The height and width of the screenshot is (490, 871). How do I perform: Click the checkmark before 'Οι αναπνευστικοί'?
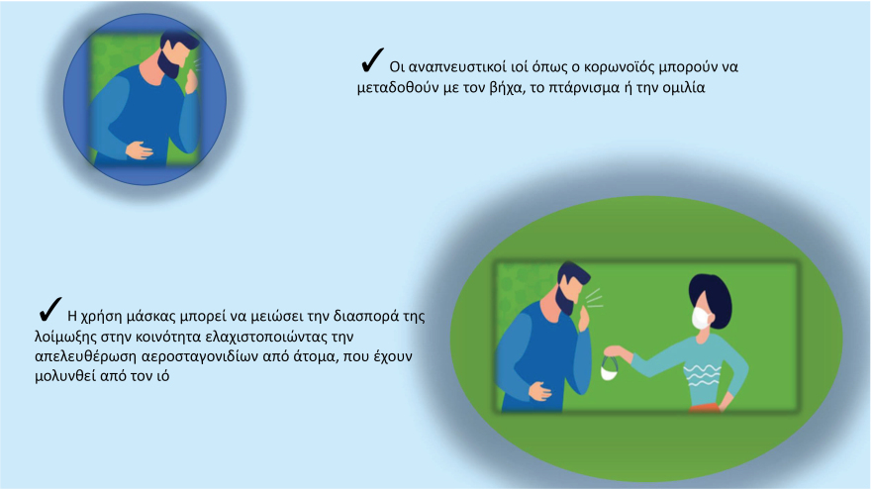371,60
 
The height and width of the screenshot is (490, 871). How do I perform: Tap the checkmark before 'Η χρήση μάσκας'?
50,310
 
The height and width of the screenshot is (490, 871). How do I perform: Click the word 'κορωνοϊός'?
619,67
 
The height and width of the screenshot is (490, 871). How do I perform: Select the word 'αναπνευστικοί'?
457,67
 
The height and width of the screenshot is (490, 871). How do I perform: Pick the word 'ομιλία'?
683,88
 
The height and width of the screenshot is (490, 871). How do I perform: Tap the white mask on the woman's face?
701,317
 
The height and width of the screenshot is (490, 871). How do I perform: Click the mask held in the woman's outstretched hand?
610,369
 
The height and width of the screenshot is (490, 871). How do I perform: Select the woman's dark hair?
712,298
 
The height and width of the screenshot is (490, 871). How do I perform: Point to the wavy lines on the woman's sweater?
702,375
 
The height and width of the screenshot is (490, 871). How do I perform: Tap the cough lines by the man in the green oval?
593,298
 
